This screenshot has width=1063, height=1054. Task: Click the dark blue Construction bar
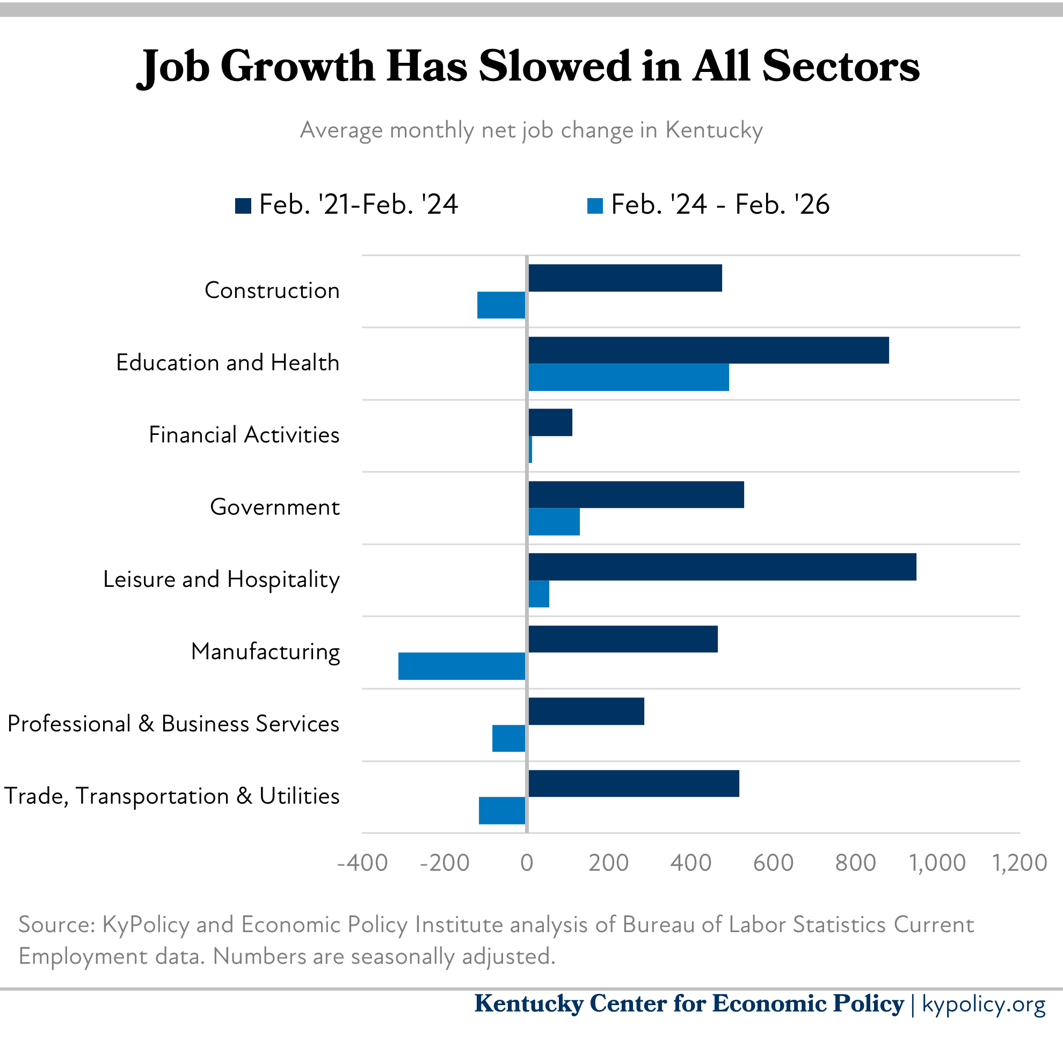tap(624, 278)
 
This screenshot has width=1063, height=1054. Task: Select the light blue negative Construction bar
tap(501, 305)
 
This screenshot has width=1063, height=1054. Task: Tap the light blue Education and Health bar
tap(628, 377)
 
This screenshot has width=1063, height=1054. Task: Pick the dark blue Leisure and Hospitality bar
tap(722, 567)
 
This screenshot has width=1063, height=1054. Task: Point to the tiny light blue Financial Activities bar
tap(530, 449)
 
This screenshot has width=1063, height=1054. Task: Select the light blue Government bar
tap(554, 522)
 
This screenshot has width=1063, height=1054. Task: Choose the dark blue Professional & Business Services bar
tap(586, 711)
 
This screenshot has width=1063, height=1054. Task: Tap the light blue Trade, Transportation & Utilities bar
tap(501, 810)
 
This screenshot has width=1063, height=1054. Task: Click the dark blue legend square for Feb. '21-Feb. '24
tap(243, 206)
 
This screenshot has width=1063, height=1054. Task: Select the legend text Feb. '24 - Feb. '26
tap(719, 205)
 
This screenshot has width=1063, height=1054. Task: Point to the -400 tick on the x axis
tap(362, 862)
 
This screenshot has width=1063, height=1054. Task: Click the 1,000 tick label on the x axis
tap(937, 862)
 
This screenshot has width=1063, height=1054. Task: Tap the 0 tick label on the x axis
tap(527, 862)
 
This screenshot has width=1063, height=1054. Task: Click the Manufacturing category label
tap(265, 652)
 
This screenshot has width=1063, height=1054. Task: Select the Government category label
tap(274, 507)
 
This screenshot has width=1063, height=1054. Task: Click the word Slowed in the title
tap(555, 66)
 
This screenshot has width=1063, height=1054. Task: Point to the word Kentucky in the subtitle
tap(713, 130)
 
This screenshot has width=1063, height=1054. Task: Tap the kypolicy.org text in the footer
tap(983, 1004)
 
